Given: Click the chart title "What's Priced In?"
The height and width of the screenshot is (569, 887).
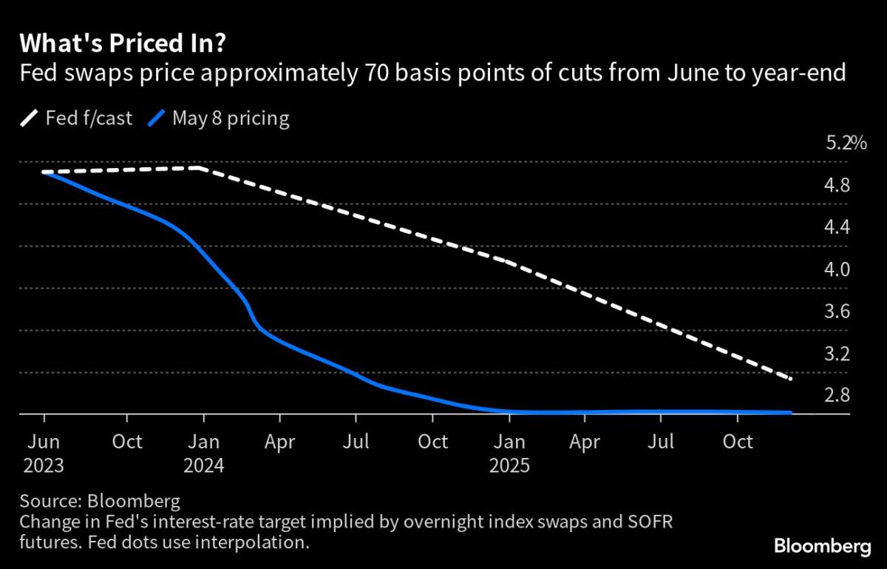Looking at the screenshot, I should pos(123,44).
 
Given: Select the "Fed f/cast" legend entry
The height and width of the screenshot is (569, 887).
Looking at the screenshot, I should pos(77,118).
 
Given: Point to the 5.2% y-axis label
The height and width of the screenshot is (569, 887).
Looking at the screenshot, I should pos(846,143).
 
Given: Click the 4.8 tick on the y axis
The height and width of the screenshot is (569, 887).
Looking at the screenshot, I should pos(838,185).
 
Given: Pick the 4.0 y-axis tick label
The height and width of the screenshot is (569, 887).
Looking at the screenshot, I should pos(838,269).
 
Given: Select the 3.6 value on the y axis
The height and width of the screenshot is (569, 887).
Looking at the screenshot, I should pos(838,312).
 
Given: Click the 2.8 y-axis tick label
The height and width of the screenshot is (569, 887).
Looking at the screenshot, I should pos(838,396).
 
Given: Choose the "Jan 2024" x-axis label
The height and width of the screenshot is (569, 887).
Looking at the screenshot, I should pos(203,454).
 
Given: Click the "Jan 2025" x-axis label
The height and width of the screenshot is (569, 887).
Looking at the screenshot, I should pos(509,454).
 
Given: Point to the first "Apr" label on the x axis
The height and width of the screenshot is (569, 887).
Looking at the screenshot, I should pos(279,442).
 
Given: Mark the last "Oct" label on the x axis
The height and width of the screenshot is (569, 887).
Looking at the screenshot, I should pos(737,442).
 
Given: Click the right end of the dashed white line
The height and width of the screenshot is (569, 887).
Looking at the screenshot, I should pos(791,379).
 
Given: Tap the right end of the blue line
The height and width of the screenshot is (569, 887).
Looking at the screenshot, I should pos(791,412).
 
